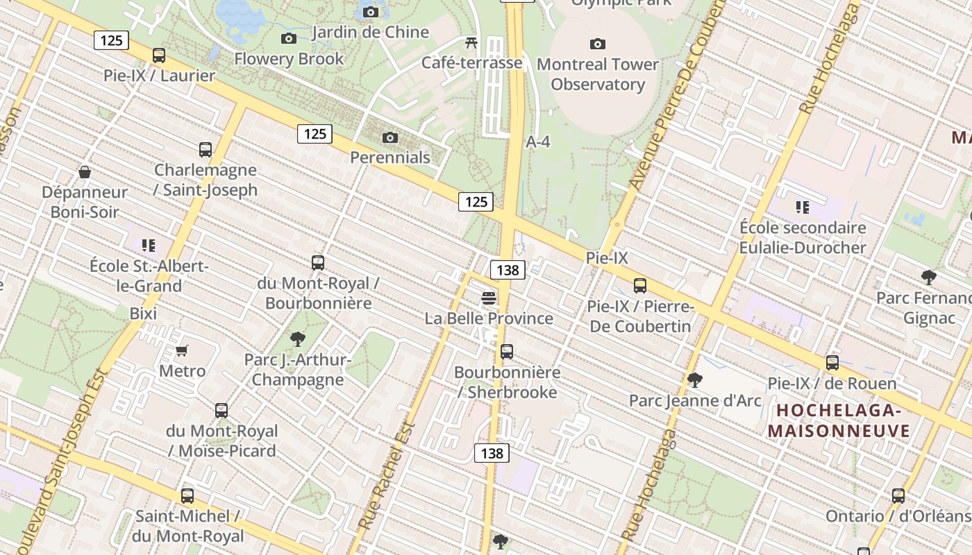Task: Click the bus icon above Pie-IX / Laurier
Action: [159, 55]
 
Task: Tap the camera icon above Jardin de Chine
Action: [371, 12]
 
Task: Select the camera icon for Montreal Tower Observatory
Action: [597, 44]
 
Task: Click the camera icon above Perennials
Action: [390, 137]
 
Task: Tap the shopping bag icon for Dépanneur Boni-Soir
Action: [85, 172]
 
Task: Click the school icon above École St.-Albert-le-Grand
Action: [148, 245]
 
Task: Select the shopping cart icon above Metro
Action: [182, 350]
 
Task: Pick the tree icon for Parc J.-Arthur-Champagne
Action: [298, 339]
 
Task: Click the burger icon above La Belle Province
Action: [489, 298]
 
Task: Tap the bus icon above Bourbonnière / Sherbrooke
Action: [507, 352]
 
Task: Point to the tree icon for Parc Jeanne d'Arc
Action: [694, 380]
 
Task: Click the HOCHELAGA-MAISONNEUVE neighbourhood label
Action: [839, 420]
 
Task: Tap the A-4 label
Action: [538, 142]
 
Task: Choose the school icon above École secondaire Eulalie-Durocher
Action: [803, 207]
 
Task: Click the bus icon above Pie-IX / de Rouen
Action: [832, 362]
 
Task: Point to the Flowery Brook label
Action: [289, 59]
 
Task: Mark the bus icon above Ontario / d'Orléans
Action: [898, 496]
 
